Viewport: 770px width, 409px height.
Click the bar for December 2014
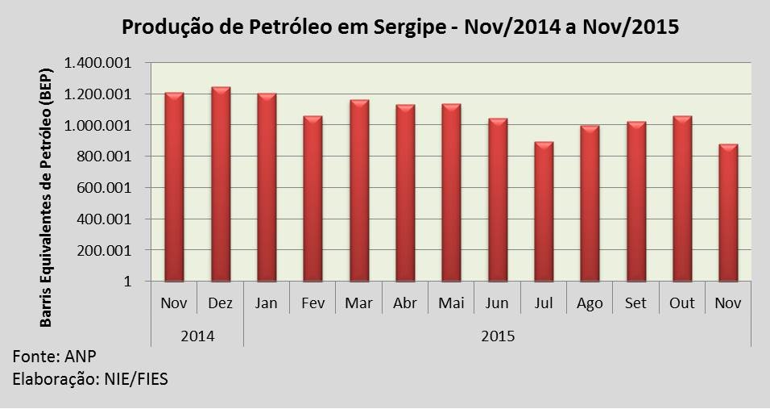click(221, 186)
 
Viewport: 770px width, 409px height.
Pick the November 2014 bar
click(174, 188)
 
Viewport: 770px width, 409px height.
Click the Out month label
click(681, 304)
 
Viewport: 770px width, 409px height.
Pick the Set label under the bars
click(635, 304)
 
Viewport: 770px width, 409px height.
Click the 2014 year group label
click(197, 334)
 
